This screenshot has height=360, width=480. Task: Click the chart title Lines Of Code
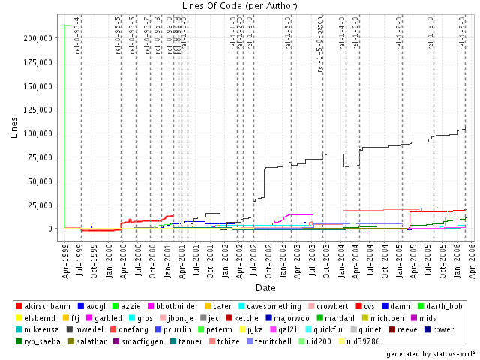tap(240, 7)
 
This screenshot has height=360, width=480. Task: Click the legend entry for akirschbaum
tap(48, 307)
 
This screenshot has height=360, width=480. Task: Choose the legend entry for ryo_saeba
tap(43, 340)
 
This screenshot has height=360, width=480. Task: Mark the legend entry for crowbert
tap(330, 307)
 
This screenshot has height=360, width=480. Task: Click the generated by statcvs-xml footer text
tap(430, 352)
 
